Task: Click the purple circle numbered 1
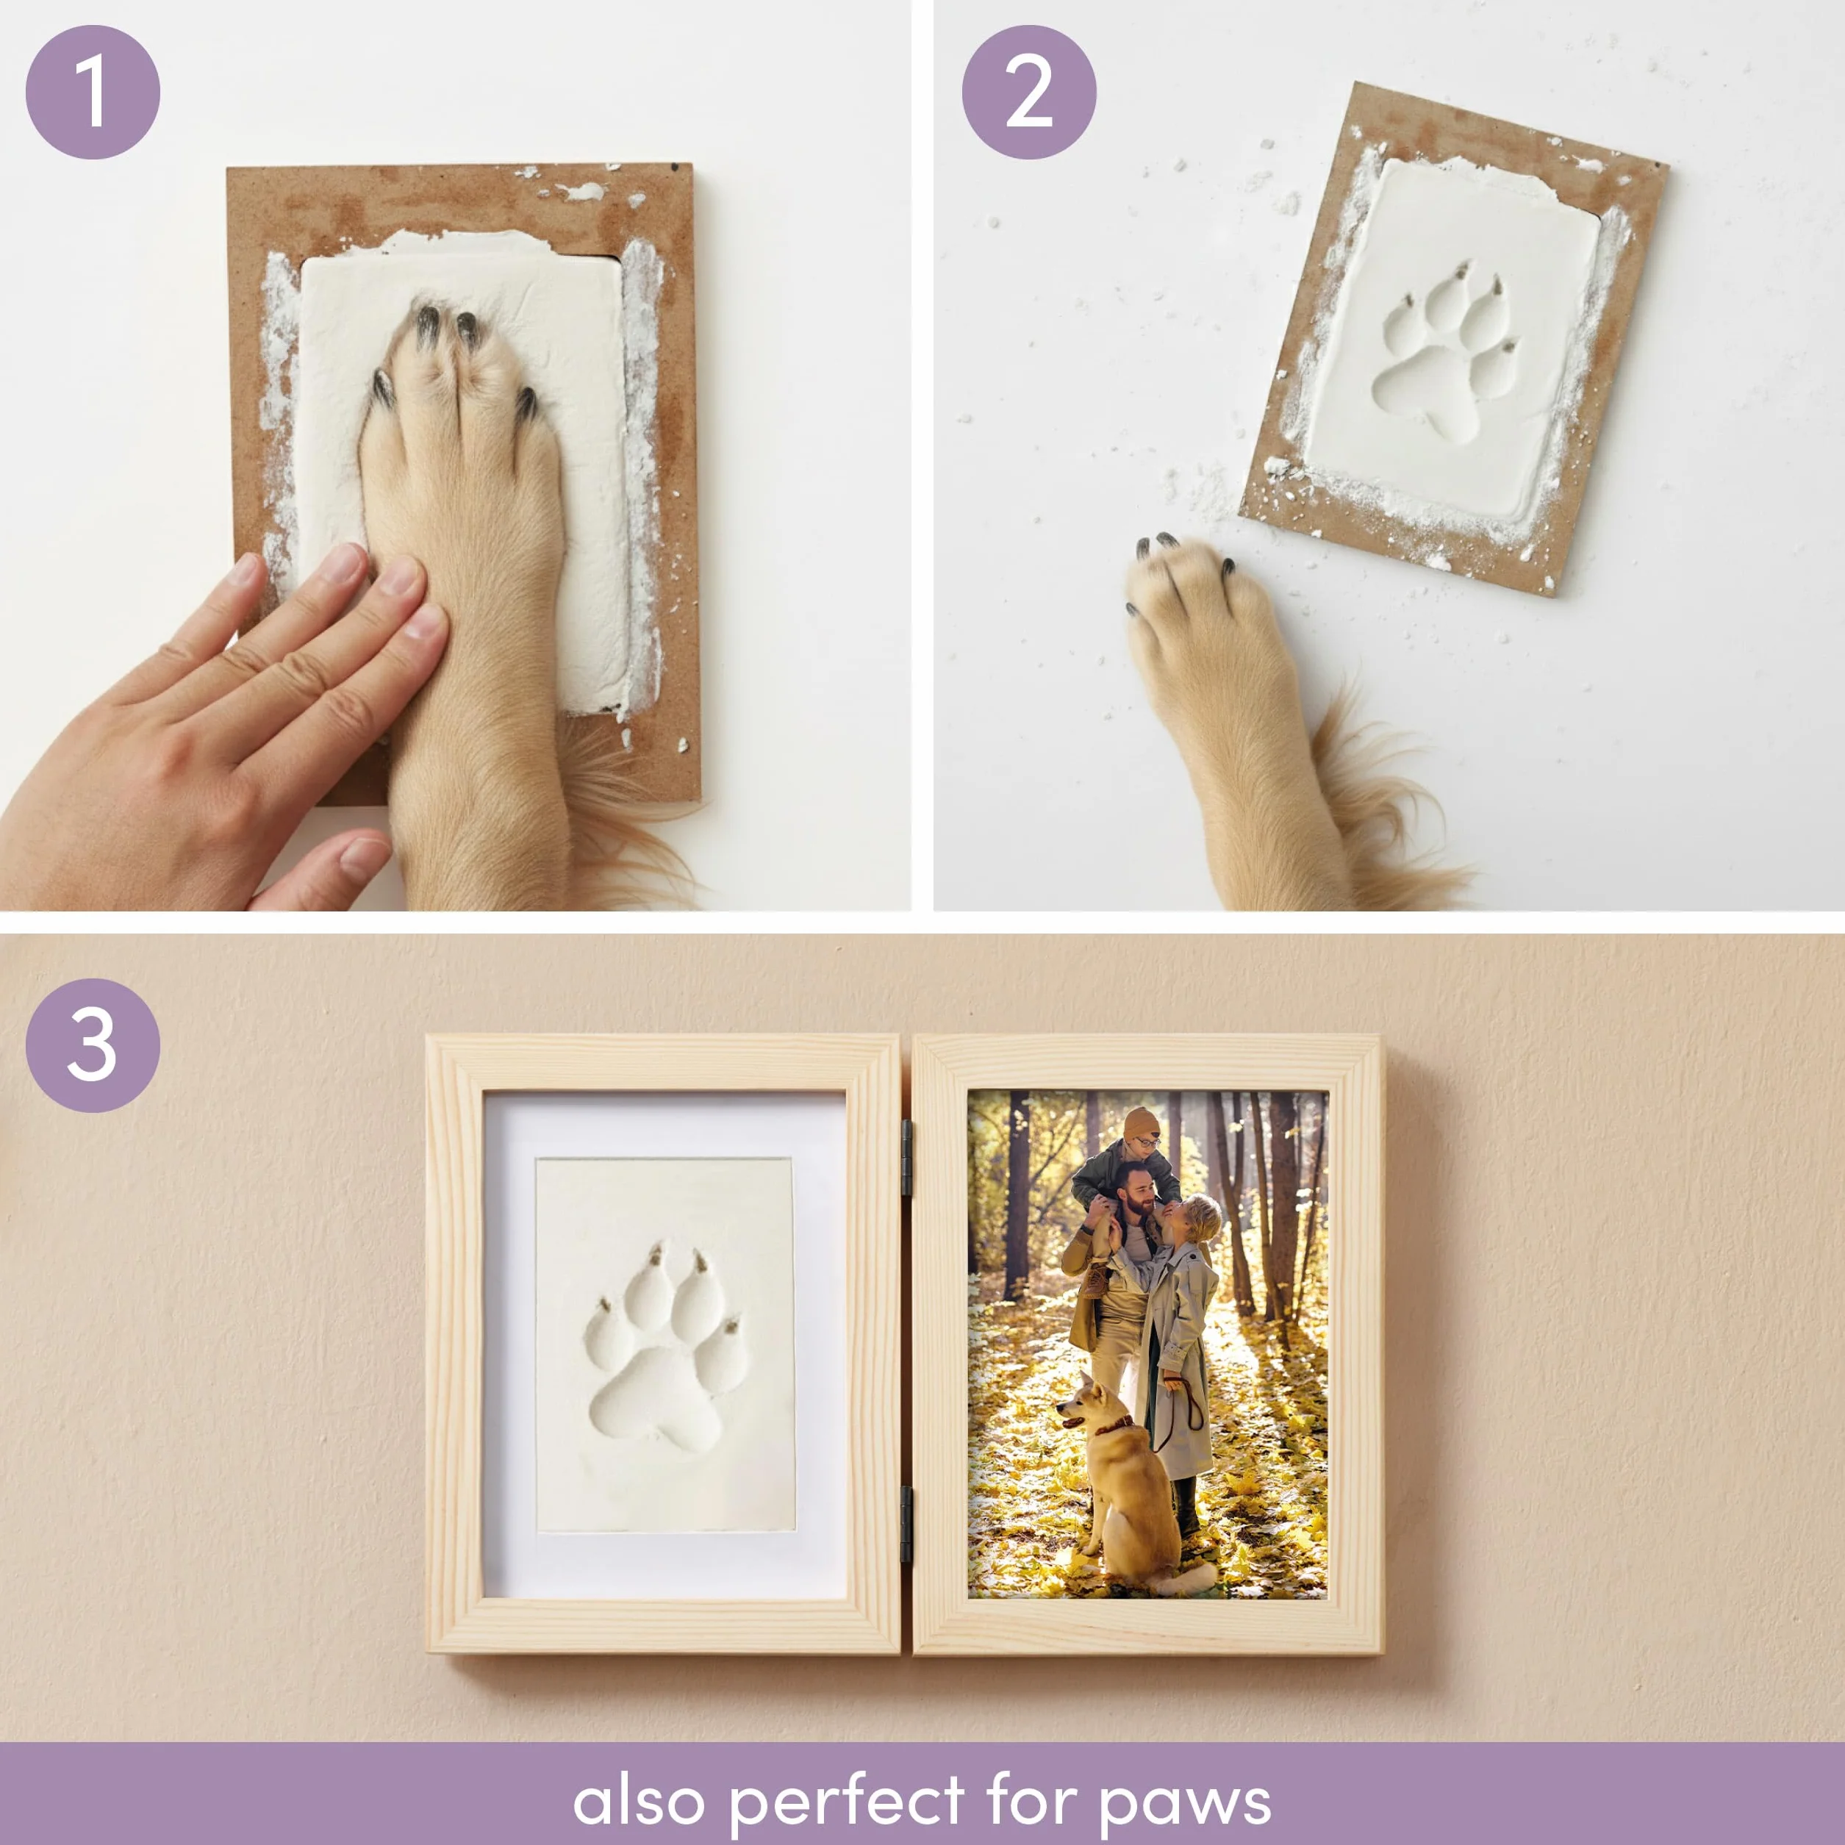(x=93, y=92)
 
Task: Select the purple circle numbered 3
(x=93, y=1045)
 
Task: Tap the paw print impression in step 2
(x=1442, y=352)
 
